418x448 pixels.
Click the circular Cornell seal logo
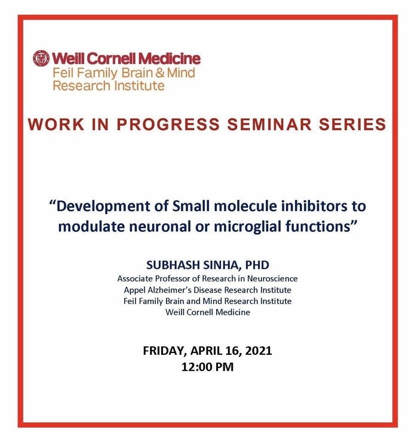41,59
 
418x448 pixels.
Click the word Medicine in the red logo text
171,59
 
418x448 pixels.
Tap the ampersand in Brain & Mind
160,73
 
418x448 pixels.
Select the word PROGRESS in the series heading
168,125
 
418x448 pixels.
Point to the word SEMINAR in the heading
269,125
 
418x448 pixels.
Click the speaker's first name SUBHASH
173,265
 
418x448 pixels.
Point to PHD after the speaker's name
257,265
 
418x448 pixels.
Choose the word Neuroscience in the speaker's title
272,278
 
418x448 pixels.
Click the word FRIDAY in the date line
164,351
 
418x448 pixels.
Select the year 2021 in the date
259,351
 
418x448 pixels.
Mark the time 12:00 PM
207,367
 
